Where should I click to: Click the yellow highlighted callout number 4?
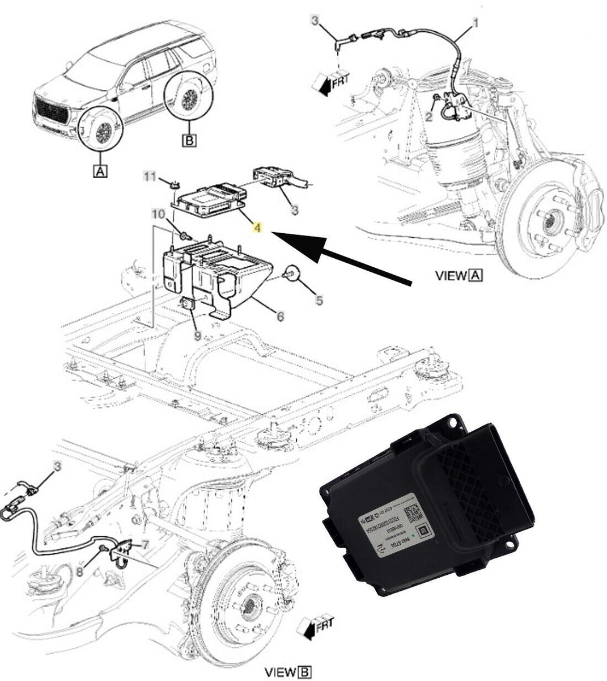pos(257,228)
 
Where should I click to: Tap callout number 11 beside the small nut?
pos(149,177)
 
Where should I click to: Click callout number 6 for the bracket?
pos(280,317)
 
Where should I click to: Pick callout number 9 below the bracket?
pos(197,336)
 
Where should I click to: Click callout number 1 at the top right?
pos(476,23)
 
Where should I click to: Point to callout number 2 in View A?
pos(429,116)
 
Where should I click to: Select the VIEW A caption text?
pos(459,276)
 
